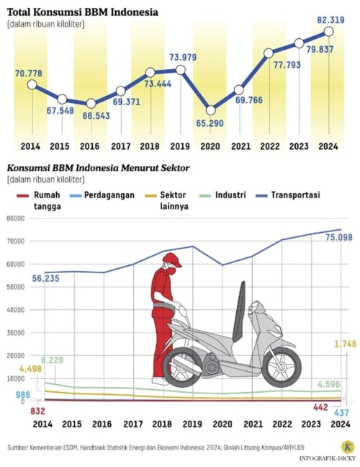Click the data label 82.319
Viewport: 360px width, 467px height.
[330, 20]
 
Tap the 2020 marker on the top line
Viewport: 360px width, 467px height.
[210, 110]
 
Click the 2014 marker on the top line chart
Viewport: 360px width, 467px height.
[31, 84]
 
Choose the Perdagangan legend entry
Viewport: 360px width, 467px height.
[108, 195]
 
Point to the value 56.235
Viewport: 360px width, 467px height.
[46, 277]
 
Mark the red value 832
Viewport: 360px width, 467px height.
[20, 410]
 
